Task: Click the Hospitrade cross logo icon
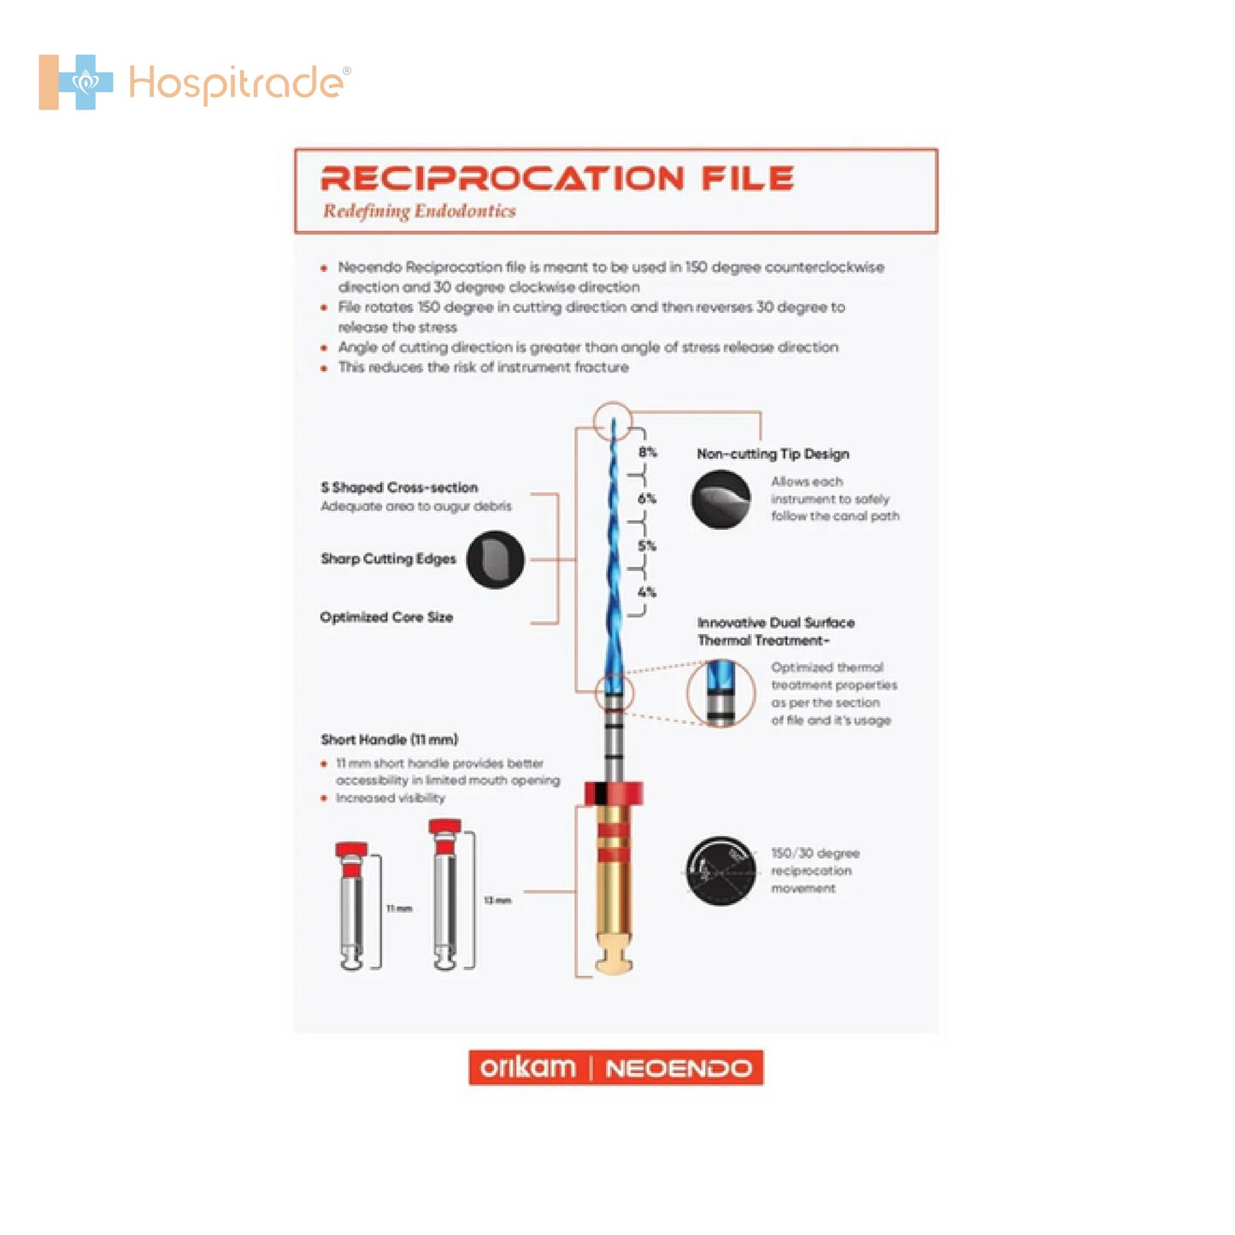coord(76,82)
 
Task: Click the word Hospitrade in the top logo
coord(237,84)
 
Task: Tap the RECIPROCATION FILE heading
coord(557,179)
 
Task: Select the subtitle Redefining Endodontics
coord(419,211)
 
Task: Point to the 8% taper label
coord(648,452)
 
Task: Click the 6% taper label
coord(648,498)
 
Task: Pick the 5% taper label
coord(648,545)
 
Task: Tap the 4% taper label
coord(648,592)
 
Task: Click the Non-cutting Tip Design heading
coord(773,454)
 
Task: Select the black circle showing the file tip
coord(720,499)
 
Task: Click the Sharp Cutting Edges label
coord(389,559)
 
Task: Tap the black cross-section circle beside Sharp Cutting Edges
coord(496,559)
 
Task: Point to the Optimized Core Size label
coord(386,617)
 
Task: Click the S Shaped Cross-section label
coord(399,487)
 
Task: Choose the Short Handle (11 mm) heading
coord(390,739)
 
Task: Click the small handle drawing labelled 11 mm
coord(352,906)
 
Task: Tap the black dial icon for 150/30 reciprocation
coord(720,871)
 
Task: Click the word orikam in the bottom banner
coord(527,1067)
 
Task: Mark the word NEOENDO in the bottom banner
coord(679,1068)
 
